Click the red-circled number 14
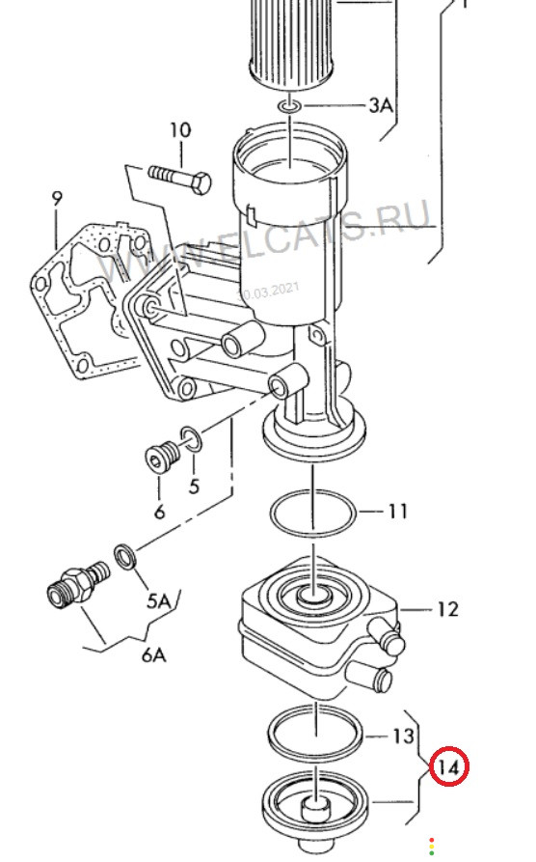pyautogui.click(x=448, y=766)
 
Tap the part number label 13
pyautogui.click(x=403, y=736)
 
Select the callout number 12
pyautogui.click(x=447, y=609)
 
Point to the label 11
pyautogui.click(x=398, y=512)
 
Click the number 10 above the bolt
pyautogui.click(x=180, y=130)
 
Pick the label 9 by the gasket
pyautogui.click(x=57, y=199)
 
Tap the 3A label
pyautogui.click(x=381, y=104)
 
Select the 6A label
pyautogui.click(x=154, y=655)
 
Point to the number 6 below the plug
pyautogui.click(x=159, y=512)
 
